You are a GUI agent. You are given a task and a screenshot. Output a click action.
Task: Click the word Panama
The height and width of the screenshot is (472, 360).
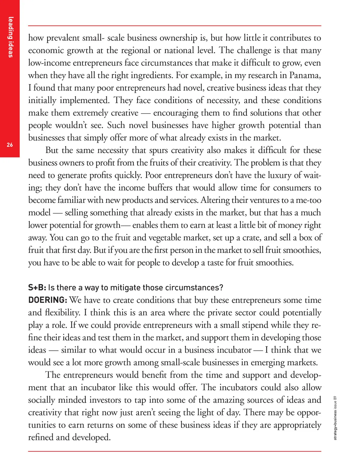(305, 75)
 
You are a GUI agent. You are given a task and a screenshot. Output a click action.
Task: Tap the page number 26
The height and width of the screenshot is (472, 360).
(10, 145)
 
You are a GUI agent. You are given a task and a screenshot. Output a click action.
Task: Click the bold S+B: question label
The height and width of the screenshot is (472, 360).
(37, 288)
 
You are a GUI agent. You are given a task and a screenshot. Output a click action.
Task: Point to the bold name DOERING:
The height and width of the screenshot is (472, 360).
(48, 300)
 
